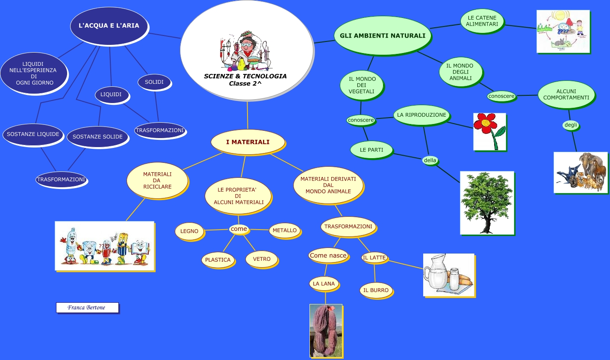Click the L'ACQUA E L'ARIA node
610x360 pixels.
point(109,26)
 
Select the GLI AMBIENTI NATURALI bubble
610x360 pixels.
point(383,35)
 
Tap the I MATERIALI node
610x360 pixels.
point(248,142)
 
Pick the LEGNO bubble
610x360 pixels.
point(189,231)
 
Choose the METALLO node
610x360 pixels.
point(285,230)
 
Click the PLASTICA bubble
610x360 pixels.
point(218,260)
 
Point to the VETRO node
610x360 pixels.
point(262,259)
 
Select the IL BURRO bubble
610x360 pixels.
point(376,290)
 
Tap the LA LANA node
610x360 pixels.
point(324,283)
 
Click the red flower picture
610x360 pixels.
point(489,132)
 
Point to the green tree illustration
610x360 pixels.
point(487,203)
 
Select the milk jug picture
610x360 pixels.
point(448,275)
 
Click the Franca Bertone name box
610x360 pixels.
point(87,307)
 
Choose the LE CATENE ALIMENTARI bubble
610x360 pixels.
point(482,21)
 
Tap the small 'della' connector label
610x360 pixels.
point(430,160)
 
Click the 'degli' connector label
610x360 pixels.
point(571,125)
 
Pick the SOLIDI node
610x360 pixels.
point(154,82)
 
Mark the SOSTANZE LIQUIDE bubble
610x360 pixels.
point(33,134)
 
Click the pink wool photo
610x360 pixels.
point(326,330)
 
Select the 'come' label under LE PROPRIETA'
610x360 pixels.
point(239,229)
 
